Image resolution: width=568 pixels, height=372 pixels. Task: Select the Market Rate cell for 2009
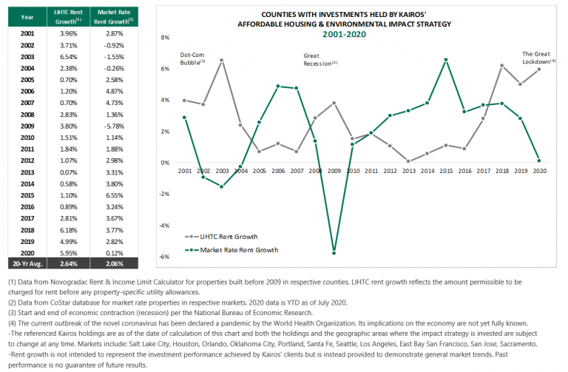[x=114, y=126]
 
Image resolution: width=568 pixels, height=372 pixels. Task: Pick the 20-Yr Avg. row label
[x=27, y=263]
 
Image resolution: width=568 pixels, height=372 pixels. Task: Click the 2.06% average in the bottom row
[x=114, y=263]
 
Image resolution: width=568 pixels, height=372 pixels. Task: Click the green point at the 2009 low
[x=334, y=253]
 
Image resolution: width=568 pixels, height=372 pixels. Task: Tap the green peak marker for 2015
[x=446, y=60]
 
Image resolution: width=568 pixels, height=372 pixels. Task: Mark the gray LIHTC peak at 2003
[x=222, y=60]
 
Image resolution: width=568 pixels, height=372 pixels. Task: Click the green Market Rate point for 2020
[x=539, y=160]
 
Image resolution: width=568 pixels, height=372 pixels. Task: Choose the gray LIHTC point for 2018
[x=502, y=66]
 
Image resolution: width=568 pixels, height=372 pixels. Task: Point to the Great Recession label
[x=320, y=59]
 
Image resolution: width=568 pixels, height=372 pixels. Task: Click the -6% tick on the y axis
[x=165, y=257]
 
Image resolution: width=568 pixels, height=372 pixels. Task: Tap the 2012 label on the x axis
[x=390, y=171]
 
